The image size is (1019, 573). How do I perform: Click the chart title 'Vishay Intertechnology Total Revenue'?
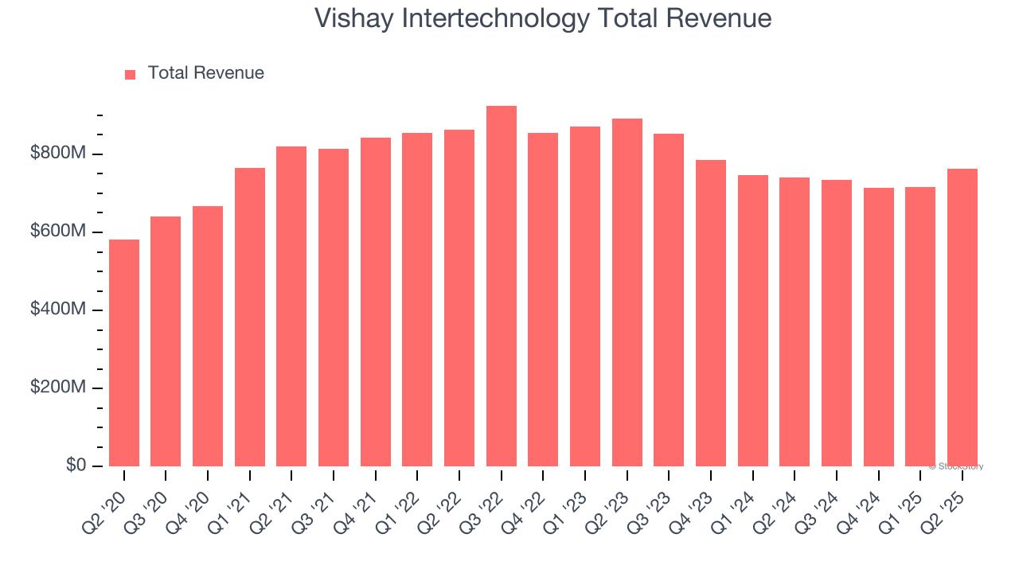(x=543, y=18)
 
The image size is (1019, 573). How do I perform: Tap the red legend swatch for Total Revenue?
(x=131, y=74)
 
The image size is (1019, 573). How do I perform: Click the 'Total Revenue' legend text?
(x=205, y=73)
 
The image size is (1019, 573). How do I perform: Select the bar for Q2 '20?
(x=124, y=353)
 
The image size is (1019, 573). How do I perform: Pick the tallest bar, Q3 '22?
(x=502, y=286)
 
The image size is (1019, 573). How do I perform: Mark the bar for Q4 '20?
(x=208, y=336)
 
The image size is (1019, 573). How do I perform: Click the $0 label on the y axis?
(x=77, y=466)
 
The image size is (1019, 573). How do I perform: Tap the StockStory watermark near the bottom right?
(x=955, y=466)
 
